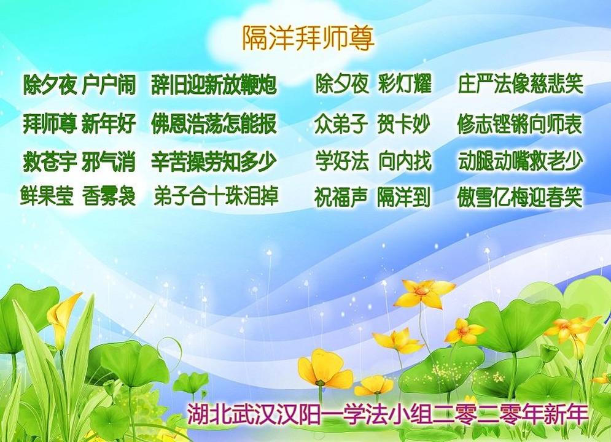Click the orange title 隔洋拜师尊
[x=308, y=38]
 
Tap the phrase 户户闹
[x=109, y=85]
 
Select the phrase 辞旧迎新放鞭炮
[x=214, y=85]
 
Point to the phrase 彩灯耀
[x=405, y=83]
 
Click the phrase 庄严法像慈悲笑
[x=521, y=83]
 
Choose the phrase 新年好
[x=109, y=123]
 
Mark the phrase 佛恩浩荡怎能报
[x=214, y=123]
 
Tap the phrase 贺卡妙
[x=403, y=124]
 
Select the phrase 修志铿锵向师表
[x=520, y=124]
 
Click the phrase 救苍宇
[x=50, y=161]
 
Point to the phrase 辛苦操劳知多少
[x=214, y=161]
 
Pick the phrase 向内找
[x=405, y=161]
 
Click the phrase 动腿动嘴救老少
[x=521, y=161]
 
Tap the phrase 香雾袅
[x=109, y=195]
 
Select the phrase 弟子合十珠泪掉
[x=216, y=195]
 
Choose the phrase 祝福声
[x=341, y=197]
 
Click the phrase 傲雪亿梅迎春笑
[x=520, y=197]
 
